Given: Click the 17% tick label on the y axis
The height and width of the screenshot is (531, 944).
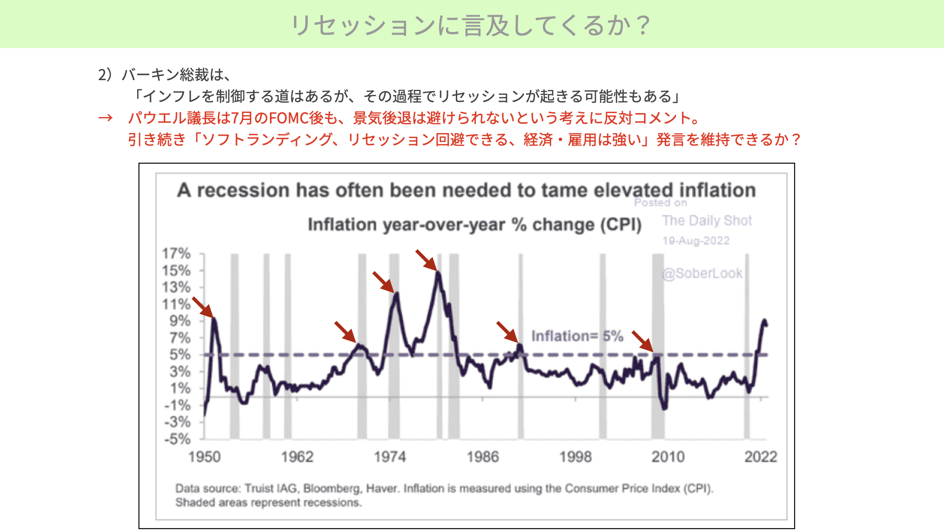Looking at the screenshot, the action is pyautogui.click(x=176, y=253).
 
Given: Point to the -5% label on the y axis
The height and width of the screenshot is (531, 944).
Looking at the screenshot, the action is pyautogui.click(x=177, y=439).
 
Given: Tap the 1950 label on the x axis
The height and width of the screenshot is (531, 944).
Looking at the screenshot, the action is pyautogui.click(x=205, y=457).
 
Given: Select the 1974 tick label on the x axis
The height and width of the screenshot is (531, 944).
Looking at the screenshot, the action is pyautogui.click(x=390, y=457).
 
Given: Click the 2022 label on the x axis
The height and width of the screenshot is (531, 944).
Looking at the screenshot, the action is pyautogui.click(x=761, y=457).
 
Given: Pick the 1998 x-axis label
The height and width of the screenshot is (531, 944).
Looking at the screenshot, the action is pyautogui.click(x=576, y=457).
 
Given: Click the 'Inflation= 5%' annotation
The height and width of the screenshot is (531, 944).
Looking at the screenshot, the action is pyautogui.click(x=577, y=336).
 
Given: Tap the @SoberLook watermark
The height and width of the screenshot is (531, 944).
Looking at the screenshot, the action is pyautogui.click(x=703, y=273).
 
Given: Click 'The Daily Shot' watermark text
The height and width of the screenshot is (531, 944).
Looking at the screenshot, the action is pyautogui.click(x=707, y=220).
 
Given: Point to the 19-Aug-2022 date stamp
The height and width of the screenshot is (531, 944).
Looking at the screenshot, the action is pyautogui.click(x=696, y=241).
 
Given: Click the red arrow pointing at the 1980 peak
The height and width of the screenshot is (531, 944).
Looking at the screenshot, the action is pyautogui.click(x=426, y=260).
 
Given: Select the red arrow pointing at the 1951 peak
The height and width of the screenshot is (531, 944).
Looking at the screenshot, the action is pyautogui.click(x=203, y=307).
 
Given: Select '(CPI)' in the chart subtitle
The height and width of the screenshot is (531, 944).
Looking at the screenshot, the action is pyautogui.click(x=620, y=225).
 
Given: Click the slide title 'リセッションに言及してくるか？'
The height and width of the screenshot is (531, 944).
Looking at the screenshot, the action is pyautogui.click(x=472, y=25).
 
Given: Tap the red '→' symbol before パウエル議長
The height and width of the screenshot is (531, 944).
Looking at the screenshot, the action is pyautogui.click(x=105, y=118).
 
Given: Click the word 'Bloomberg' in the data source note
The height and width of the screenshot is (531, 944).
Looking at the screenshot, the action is pyautogui.click(x=332, y=489).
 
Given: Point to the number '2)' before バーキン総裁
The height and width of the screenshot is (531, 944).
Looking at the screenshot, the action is pyautogui.click(x=105, y=75).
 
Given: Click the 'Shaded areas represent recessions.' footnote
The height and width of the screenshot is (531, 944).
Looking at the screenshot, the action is pyautogui.click(x=268, y=503).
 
